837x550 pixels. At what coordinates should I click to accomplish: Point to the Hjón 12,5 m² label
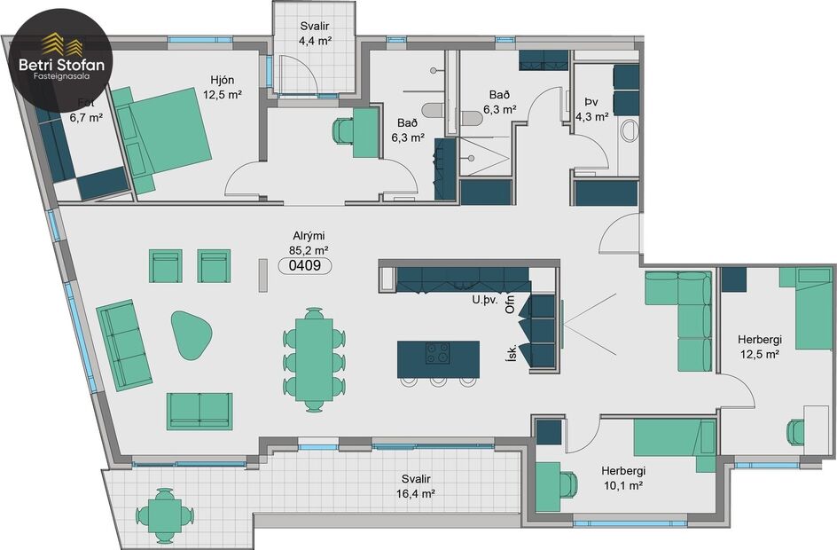tap(222, 87)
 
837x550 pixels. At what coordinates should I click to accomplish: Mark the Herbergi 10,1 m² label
tap(622, 478)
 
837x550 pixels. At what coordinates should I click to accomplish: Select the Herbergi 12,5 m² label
tap(758, 346)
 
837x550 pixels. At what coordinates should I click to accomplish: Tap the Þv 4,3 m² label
tap(591, 109)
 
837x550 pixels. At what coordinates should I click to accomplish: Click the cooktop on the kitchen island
tap(437, 353)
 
